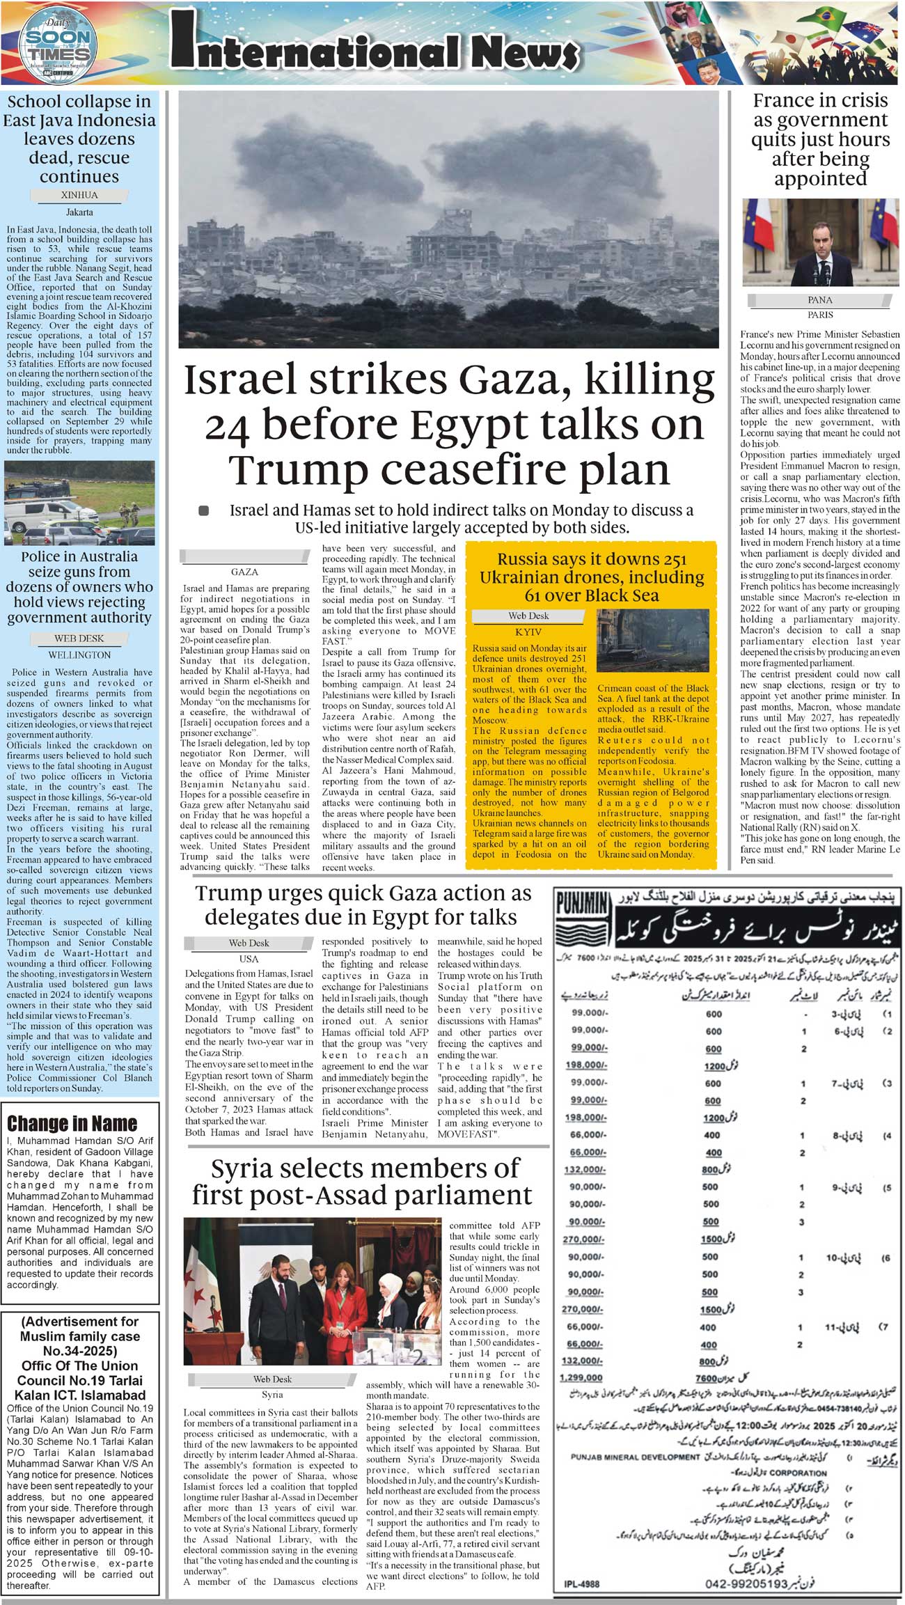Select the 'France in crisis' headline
pos(820,139)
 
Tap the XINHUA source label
pos(79,196)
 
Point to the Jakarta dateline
pos(79,212)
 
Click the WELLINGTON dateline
pos(79,655)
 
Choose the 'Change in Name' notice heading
pos(72,1124)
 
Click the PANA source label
pos(820,300)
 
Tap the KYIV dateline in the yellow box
pos(528,632)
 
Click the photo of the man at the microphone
pos(820,242)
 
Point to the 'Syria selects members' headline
pos(362,1181)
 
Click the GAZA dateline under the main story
pos(244,572)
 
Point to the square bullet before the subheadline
pos(204,510)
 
